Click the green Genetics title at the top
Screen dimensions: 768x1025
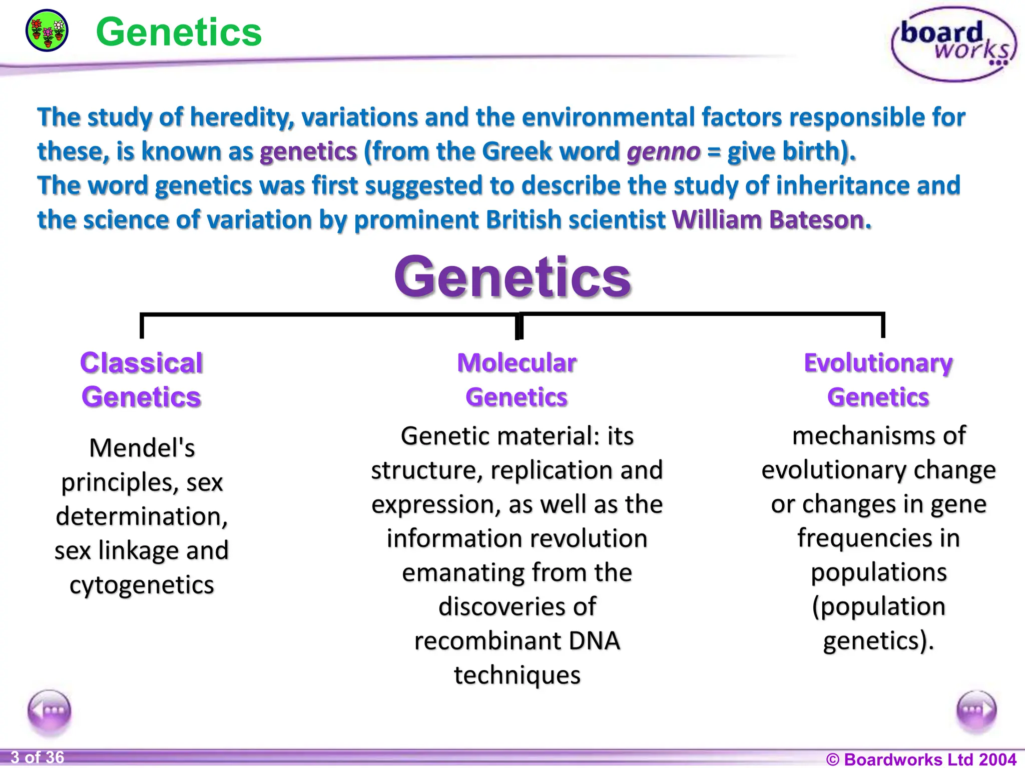tap(179, 32)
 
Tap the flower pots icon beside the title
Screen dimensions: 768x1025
tap(47, 30)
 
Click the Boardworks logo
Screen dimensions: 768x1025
tap(954, 44)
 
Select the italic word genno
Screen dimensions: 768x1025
tap(663, 151)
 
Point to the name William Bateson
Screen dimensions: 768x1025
tap(771, 220)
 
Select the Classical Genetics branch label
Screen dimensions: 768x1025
tap(142, 380)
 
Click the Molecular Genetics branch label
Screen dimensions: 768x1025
tap(517, 380)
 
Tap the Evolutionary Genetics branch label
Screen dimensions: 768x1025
tap(878, 380)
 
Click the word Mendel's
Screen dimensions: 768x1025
tap(142, 448)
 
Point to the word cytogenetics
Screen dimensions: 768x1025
tap(142, 585)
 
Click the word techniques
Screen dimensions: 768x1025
tap(517, 675)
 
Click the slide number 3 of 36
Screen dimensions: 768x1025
tap(38, 757)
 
